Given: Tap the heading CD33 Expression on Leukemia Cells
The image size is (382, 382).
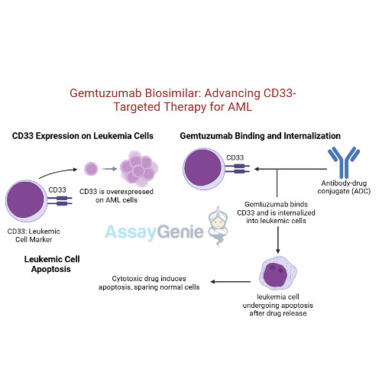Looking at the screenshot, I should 83,136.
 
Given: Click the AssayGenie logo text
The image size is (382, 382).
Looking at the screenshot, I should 150,231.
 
